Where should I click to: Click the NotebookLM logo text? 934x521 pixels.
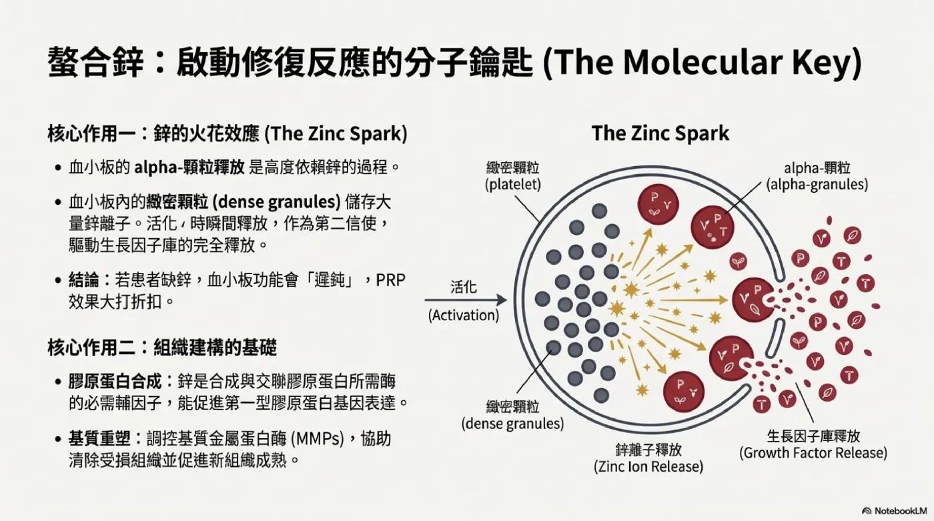pos(901,510)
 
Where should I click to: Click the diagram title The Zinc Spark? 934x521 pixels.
pos(660,133)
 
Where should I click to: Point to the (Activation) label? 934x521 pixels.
pos(464,315)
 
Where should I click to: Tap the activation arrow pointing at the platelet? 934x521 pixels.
pos(466,300)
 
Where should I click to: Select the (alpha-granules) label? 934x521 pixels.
pos(817,184)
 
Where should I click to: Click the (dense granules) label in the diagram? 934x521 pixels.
pos(512,424)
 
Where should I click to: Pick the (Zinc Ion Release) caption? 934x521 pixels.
pos(648,466)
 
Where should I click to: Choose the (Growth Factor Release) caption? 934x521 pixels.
pos(813,453)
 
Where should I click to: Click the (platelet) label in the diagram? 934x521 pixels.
pos(513,184)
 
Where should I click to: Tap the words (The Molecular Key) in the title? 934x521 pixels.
pos(703,63)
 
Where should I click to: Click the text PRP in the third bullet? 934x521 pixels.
pos(391,280)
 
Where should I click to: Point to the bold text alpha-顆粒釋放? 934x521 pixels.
pos(189,167)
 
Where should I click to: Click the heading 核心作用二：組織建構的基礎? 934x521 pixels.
pos(162,347)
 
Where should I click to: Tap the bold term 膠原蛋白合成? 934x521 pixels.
pos(115,381)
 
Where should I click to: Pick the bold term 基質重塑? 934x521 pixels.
pos(99,438)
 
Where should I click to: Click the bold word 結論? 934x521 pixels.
pos(84,280)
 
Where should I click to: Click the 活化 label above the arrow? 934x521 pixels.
pos(464,287)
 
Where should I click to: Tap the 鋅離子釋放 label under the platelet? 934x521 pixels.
pos(648,450)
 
